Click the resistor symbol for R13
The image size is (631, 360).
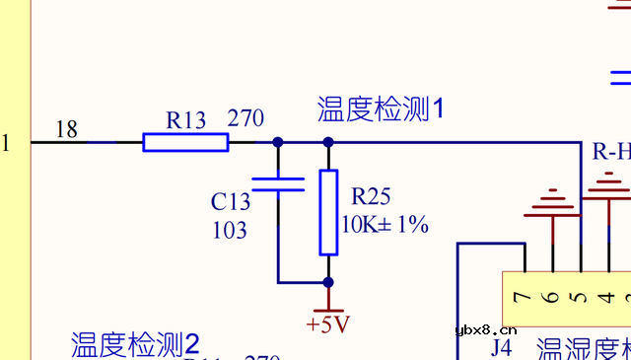tap(185, 142)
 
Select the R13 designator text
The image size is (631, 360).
tap(186, 120)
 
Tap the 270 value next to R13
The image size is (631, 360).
tap(245, 118)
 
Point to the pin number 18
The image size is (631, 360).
tap(67, 128)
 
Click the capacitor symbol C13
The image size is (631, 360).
tap(278, 183)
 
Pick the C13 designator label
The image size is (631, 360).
tap(231, 202)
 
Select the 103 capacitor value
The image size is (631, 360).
tap(230, 231)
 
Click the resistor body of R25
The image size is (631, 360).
tap(328, 212)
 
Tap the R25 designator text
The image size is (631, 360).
tap(371, 194)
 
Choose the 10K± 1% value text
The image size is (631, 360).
tap(385, 224)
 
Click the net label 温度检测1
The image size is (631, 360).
tap(381, 108)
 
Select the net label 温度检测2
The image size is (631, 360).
tap(135, 344)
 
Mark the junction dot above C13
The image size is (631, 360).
tap(278, 142)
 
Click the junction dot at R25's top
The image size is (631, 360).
tap(328, 142)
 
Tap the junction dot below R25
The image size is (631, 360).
tap(328, 282)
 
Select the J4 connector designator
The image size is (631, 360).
tap(502, 348)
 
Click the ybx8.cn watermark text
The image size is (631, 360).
tap(487, 330)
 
